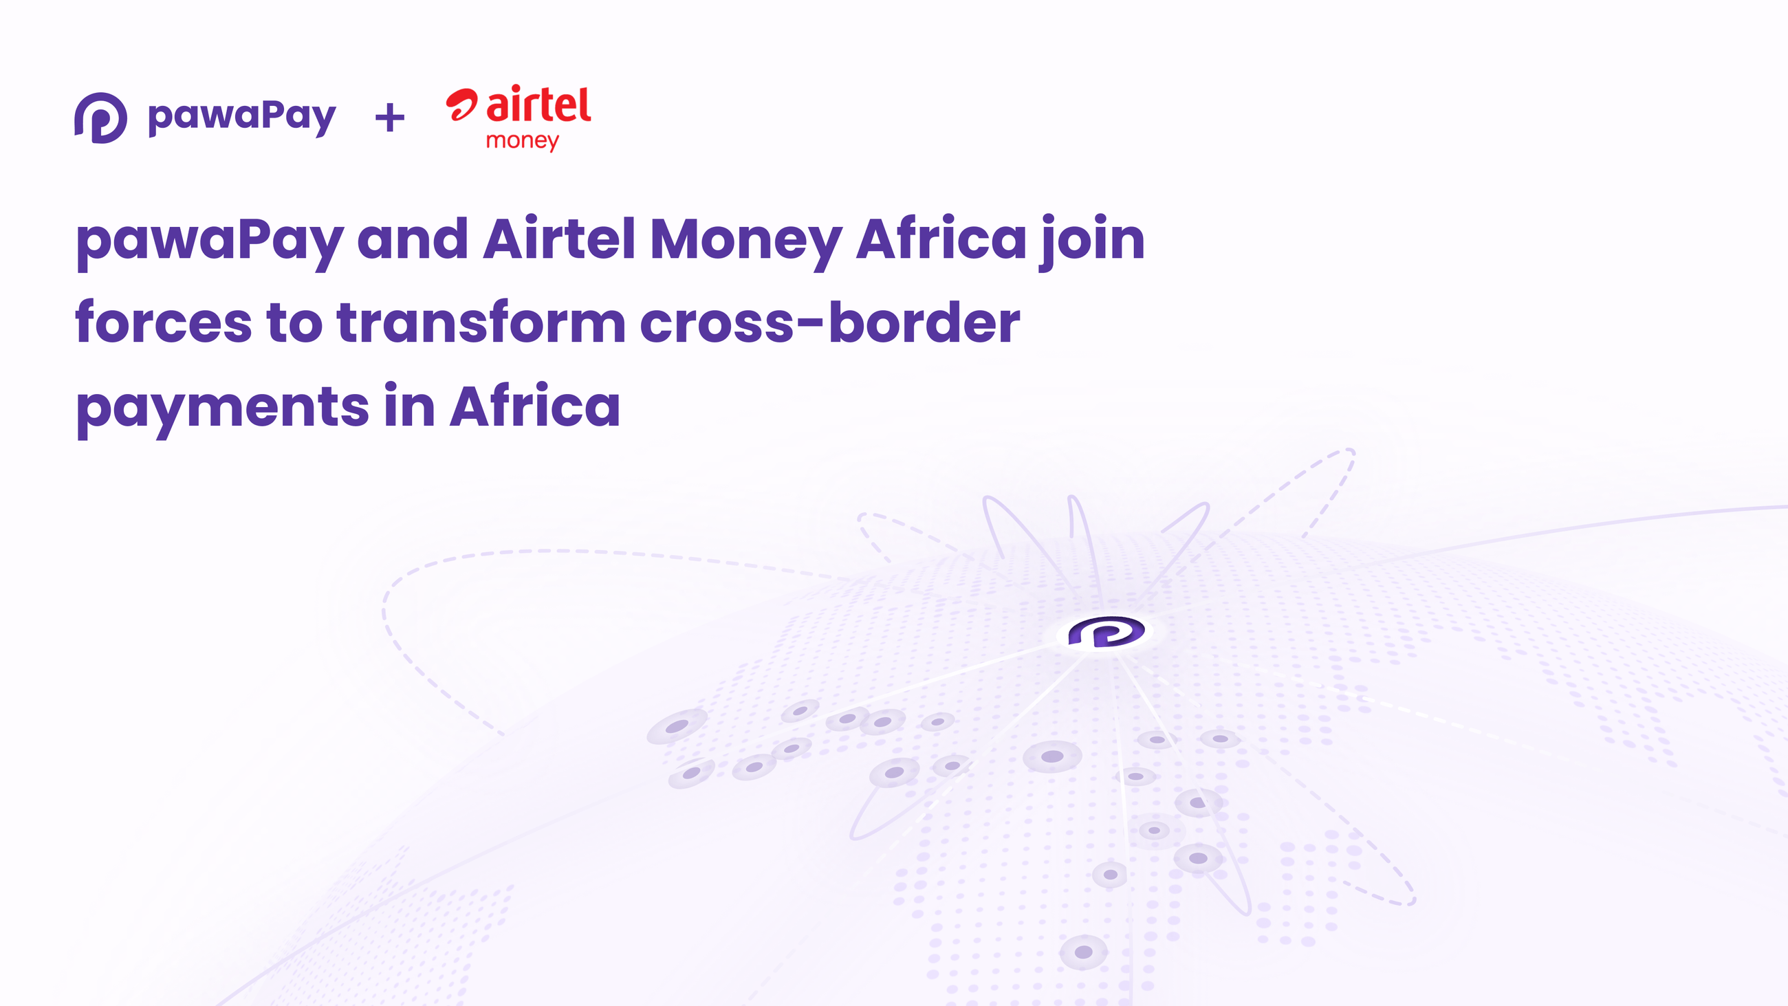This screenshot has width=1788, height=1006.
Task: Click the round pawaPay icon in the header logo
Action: pos(100,118)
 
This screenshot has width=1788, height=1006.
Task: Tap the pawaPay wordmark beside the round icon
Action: pos(241,117)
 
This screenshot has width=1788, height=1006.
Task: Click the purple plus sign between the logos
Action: pos(389,118)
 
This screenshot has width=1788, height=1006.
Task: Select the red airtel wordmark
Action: pos(538,105)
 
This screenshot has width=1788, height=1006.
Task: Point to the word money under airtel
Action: pos(522,141)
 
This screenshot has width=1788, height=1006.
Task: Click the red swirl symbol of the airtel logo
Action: pos(461,104)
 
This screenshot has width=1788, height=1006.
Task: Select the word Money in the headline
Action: pos(746,240)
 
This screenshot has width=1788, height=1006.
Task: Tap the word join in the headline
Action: pos(1092,240)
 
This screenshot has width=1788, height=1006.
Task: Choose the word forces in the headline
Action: pos(164,322)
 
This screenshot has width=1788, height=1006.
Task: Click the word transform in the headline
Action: pos(481,322)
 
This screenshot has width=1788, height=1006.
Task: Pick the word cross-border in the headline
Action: pos(829,322)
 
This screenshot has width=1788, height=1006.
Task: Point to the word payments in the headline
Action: pos(222,408)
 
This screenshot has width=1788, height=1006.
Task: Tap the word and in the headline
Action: pos(413,239)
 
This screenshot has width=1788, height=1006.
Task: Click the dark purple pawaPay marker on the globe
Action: pos(1106,632)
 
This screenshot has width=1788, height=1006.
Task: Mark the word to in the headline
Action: pos(294,322)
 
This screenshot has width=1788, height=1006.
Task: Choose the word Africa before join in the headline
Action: pos(941,239)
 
